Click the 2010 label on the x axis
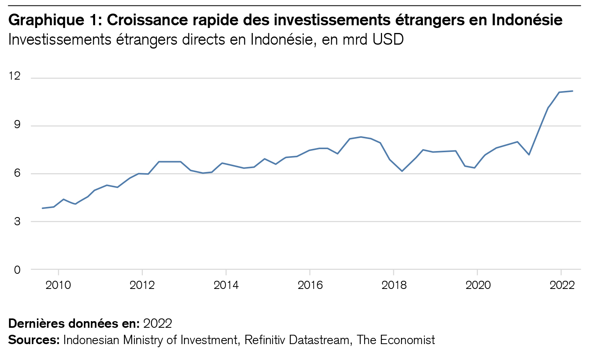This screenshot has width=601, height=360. coord(58,285)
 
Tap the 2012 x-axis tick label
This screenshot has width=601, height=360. coord(142,285)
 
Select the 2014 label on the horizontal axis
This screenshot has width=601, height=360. coord(226,285)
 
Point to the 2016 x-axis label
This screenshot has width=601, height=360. coord(310,285)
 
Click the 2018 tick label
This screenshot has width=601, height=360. coord(394,285)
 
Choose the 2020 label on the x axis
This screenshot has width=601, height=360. coord(478,285)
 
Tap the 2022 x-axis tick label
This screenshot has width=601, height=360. coord(562,285)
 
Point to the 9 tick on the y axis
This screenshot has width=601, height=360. coord(17,125)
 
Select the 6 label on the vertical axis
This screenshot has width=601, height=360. coord(17,173)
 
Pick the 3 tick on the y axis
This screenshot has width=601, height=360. coord(17,221)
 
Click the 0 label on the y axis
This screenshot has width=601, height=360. coord(17,270)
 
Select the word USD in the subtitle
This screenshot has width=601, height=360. coord(388,40)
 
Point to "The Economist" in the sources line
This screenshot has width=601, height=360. coord(396,340)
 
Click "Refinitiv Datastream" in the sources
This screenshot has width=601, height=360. coord(297,340)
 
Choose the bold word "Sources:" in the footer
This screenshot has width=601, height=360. coord(34,340)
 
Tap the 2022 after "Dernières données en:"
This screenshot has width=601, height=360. coord(157,323)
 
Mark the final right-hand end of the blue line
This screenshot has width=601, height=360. coord(573,91)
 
